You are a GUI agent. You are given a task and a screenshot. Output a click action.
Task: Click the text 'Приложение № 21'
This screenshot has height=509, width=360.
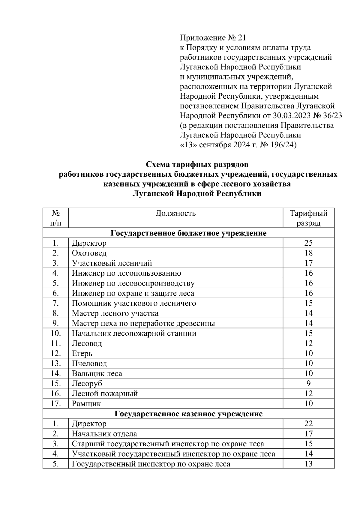(x=213, y=38)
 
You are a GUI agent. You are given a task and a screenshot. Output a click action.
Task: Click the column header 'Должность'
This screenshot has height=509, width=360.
(x=175, y=213)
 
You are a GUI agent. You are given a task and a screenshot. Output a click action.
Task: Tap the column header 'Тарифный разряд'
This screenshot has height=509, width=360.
(x=308, y=218)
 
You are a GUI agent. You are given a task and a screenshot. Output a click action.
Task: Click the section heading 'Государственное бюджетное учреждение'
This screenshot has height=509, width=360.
(x=188, y=233)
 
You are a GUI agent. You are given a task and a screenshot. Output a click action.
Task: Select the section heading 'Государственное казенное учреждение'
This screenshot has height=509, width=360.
(x=188, y=414)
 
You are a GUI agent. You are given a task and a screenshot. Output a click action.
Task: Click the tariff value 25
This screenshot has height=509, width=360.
(x=308, y=243)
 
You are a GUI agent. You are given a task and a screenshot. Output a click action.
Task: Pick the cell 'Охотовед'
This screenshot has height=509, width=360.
(x=89, y=253)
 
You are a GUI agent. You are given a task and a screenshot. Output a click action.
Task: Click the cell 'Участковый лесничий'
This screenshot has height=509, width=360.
(x=112, y=263)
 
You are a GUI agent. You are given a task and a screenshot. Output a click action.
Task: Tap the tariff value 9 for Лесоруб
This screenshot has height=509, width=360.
(x=308, y=383)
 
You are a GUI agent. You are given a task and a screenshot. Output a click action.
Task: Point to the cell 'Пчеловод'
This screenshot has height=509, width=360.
(x=89, y=364)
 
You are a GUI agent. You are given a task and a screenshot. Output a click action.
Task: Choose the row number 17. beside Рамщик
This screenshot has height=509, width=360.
(x=56, y=403)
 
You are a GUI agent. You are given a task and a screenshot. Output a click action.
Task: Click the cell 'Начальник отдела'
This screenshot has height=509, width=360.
(x=104, y=434)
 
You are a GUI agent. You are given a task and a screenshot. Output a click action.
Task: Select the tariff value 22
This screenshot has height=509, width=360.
(x=308, y=424)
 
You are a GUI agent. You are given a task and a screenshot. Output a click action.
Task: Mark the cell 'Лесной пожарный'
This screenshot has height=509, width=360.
(x=105, y=393)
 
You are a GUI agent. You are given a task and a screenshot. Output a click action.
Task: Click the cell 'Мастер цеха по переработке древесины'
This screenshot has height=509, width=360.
(x=143, y=323)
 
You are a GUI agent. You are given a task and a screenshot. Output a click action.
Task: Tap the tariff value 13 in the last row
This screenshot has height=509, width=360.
(x=308, y=464)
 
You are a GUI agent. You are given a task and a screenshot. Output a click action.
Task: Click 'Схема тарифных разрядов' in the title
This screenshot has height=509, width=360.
(x=197, y=165)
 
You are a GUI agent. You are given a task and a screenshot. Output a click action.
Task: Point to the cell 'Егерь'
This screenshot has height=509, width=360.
(x=82, y=353)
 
